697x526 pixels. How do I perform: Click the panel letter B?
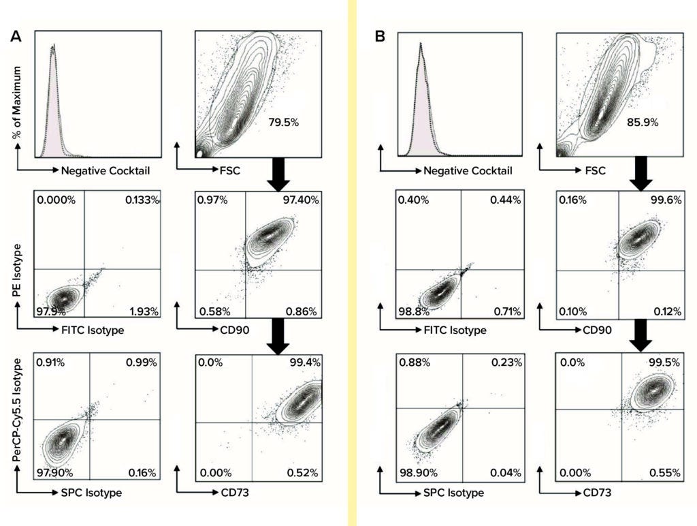click(380, 37)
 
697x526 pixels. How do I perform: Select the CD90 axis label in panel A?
click(227, 330)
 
